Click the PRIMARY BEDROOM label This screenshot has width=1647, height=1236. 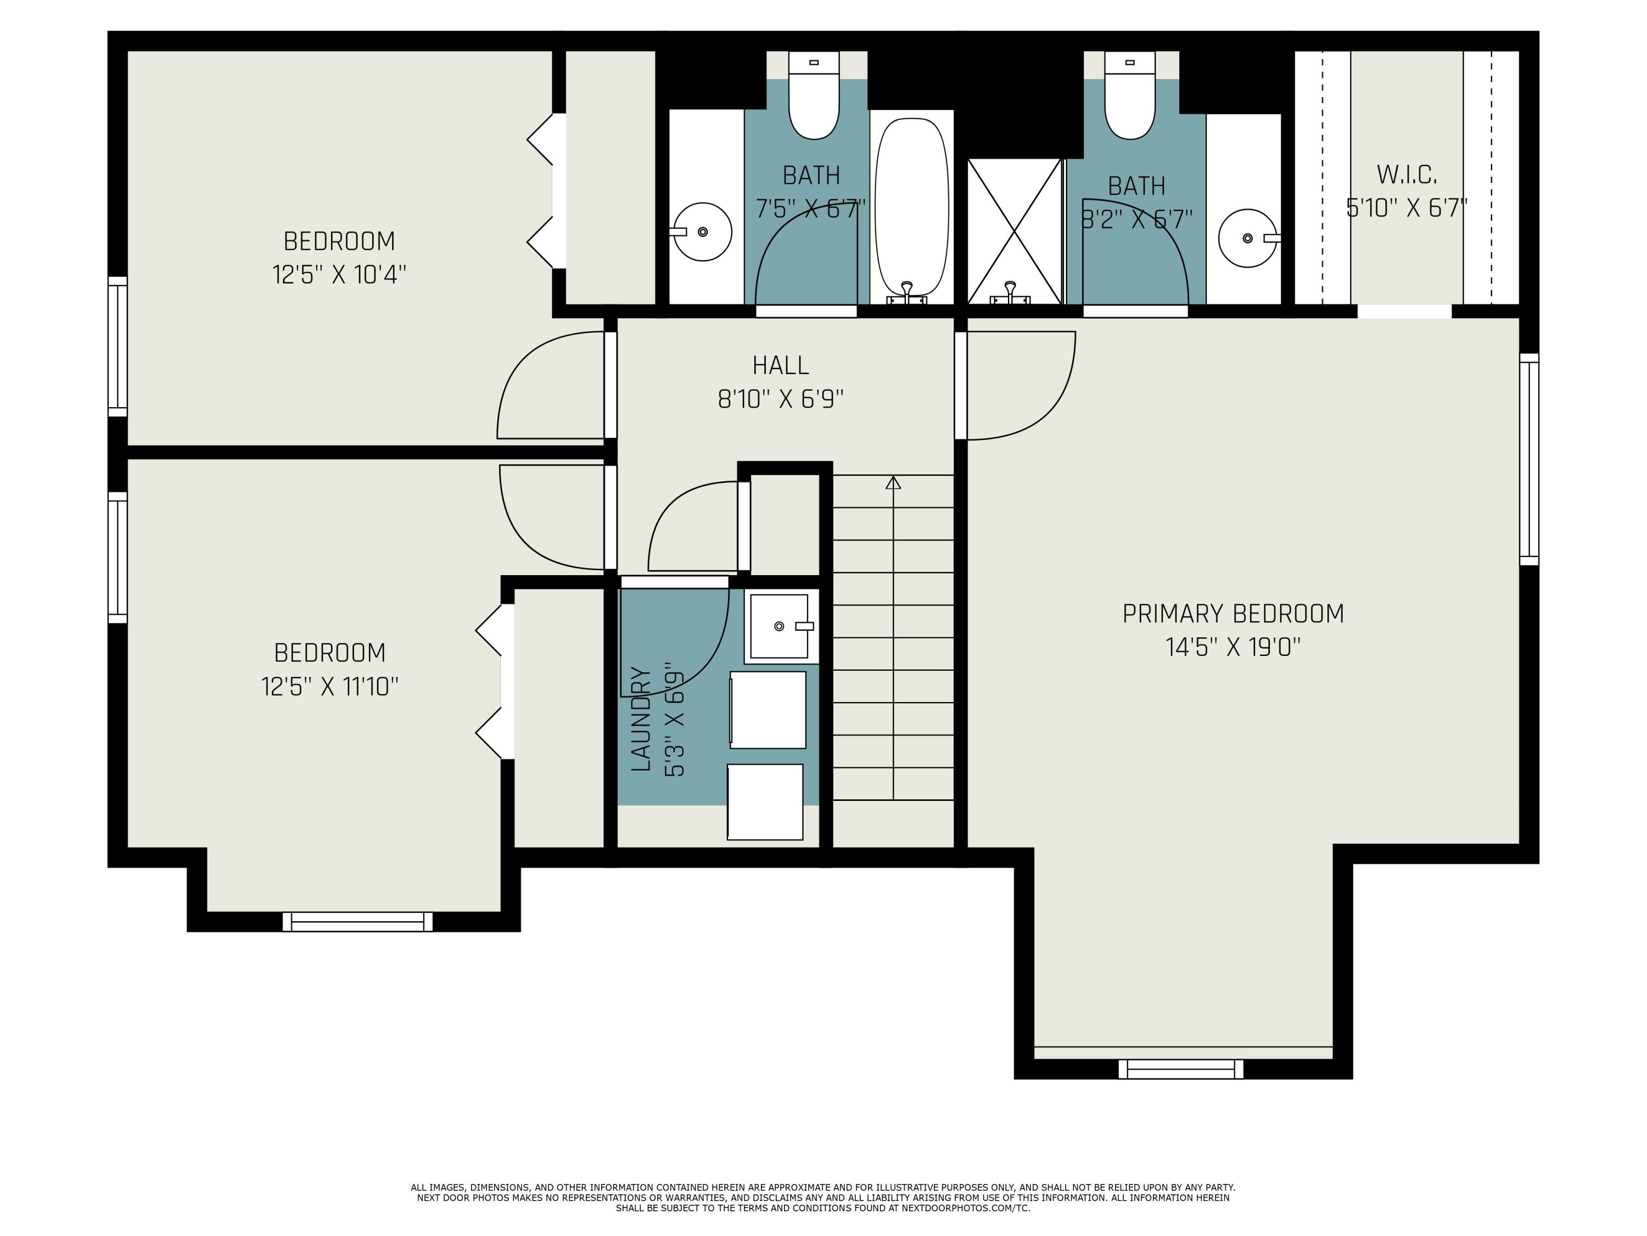pos(1233,614)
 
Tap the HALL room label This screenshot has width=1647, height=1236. pos(780,366)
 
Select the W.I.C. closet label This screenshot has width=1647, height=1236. pos(1407,175)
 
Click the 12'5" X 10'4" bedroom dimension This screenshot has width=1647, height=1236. pos(339,275)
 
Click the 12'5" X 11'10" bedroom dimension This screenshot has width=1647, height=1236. pos(330,686)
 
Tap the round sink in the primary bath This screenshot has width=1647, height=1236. pos(1248,238)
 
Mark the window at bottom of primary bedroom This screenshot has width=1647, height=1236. pos(1181,1069)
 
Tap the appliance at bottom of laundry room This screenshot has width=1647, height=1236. pos(765,801)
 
